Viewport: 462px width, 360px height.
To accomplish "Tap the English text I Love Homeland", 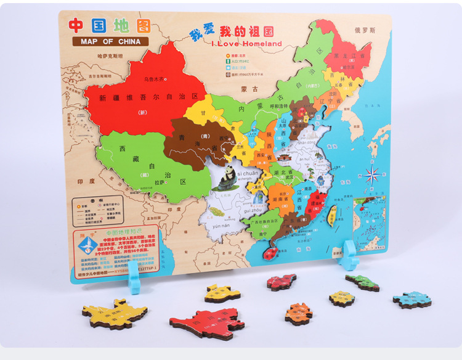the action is (246, 44).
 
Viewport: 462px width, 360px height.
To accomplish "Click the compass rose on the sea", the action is (372, 174).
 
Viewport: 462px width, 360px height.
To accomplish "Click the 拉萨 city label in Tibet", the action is (159, 182).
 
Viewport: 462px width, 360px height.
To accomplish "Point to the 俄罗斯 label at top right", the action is (365, 30).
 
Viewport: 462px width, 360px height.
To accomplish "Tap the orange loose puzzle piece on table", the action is (299, 313).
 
